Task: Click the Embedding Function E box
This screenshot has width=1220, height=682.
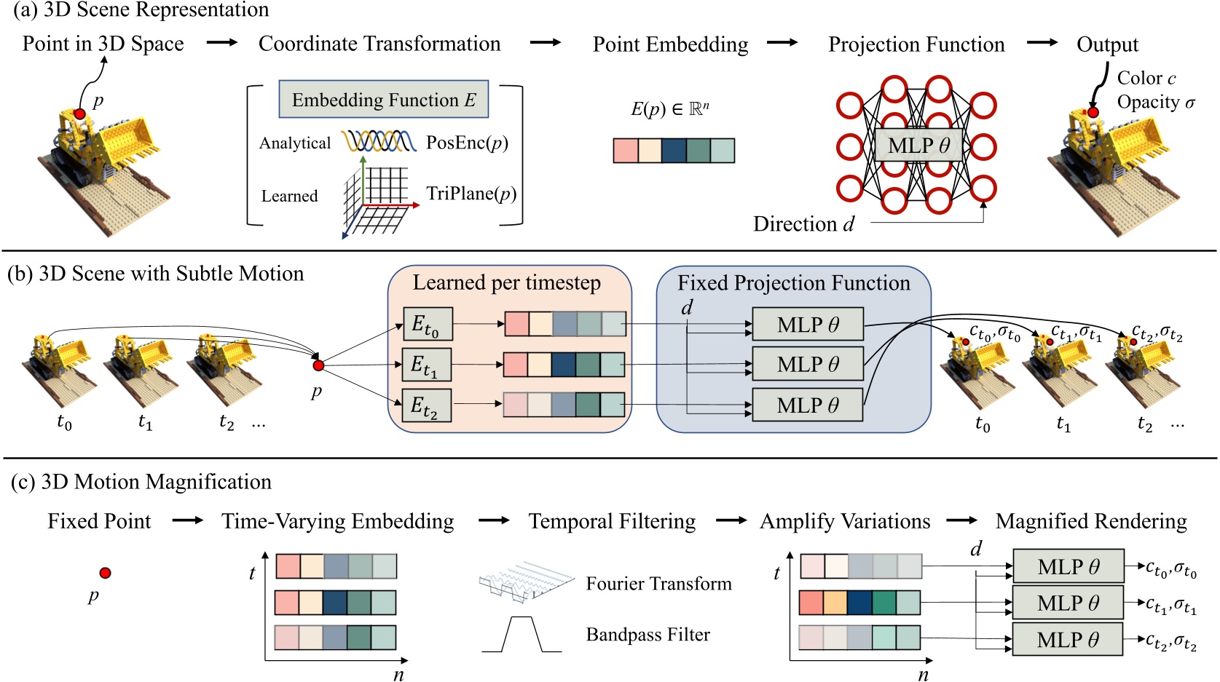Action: (383, 100)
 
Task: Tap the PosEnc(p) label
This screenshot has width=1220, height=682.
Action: (467, 143)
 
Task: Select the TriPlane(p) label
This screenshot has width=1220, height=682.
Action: (471, 194)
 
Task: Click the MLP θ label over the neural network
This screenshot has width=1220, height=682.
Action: (918, 146)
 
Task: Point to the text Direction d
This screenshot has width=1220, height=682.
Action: (803, 224)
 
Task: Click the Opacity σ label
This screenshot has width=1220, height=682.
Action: (1156, 103)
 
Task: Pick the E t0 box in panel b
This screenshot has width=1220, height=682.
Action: (428, 324)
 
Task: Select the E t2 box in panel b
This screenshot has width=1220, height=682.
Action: (427, 405)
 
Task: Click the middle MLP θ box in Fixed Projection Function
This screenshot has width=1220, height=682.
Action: (807, 364)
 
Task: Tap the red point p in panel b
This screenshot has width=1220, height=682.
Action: (318, 365)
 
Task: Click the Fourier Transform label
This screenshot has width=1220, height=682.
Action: (658, 584)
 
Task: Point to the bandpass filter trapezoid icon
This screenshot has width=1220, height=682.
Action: (522, 635)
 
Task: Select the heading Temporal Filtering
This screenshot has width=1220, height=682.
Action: (612, 521)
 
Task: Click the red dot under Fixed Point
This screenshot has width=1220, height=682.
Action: (105, 573)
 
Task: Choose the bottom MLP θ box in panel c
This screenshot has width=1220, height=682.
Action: (1068, 640)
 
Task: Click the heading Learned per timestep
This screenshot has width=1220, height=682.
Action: (507, 282)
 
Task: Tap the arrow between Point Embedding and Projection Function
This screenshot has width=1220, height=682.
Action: (782, 43)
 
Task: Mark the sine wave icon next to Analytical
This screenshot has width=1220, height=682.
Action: (379, 141)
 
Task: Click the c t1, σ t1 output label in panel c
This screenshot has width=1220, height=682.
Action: (1170, 605)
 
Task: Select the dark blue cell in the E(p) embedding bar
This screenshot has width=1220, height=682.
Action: (674, 151)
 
